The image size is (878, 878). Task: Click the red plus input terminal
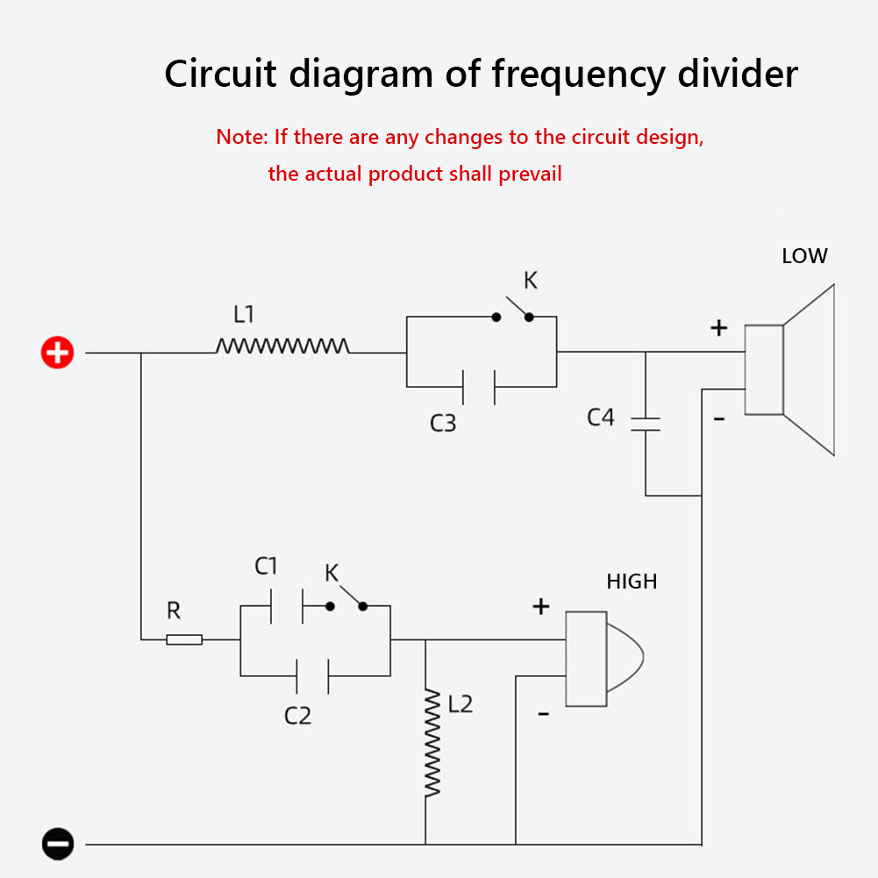tap(57, 353)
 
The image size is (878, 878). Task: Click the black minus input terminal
tap(58, 843)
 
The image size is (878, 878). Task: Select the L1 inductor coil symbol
tap(282, 346)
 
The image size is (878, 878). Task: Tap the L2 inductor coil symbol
tap(432, 743)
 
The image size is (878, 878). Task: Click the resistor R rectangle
tap(184, 639)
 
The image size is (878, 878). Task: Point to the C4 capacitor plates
tap(646, 424)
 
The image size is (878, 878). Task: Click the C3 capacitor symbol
tap(479, 387)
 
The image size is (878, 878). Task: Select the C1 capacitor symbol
tap(287, 606)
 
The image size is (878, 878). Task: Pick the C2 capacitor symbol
tap(312, 676)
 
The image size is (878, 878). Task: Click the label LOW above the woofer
tap(804, 256)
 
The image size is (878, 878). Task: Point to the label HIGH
tap(632, 582)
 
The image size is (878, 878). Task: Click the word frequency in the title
tap(578, 75)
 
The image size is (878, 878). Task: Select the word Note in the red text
tap(240, 137)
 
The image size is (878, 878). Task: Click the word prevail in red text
tap(530, 175)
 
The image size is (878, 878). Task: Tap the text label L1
tap(244, 314)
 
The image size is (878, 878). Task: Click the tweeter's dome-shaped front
tap(625, 658)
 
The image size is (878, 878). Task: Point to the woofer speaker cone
tap(809, 369)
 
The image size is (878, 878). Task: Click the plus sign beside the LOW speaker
tap(719, 327)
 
